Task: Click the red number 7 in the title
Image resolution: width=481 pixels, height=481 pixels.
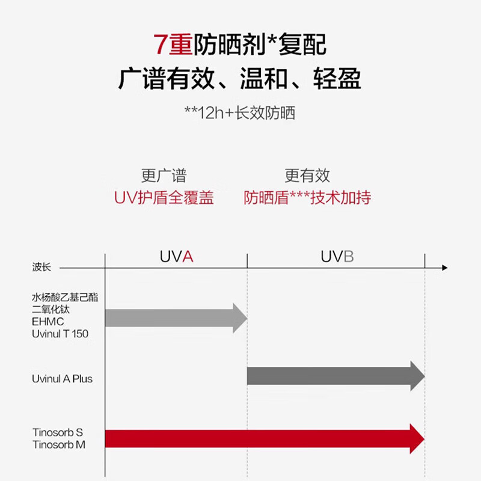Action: coord(161,45)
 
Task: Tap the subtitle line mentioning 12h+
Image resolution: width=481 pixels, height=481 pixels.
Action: coord(240,112)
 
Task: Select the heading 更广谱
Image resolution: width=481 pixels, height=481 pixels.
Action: coord(164,176)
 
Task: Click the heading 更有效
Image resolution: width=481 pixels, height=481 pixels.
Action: coord(307,176)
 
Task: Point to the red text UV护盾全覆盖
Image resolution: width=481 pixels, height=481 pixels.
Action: coord(164,198)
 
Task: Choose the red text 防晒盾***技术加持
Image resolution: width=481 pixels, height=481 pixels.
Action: coord(307,198)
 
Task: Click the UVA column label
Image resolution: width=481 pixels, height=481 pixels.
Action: coord(176,257)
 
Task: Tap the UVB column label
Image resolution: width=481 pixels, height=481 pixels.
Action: coord(337,257)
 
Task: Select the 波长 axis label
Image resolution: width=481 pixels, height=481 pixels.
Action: coord(41,268)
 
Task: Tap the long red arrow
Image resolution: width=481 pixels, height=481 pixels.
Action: coord(265,438)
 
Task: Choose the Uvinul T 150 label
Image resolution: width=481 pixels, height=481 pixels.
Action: coord(60,333)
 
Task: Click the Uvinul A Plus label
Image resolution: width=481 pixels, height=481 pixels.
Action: coord(63,379)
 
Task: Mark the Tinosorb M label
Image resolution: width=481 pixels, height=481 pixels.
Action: coord(58,444)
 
